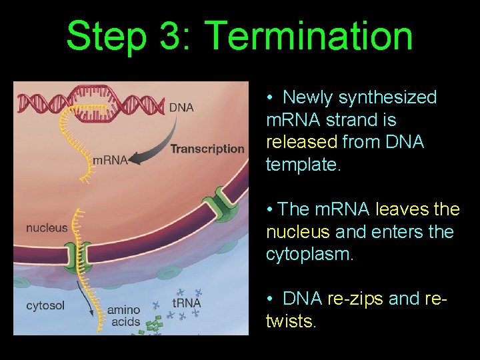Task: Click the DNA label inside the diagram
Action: (181, 107)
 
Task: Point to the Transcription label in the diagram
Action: (207, 149)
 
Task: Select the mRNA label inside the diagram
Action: (110, 160)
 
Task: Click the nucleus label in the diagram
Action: (47, 228)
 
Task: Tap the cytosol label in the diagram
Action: (46, 306)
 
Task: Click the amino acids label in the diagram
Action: (124, 315)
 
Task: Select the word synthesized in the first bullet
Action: (387, 97)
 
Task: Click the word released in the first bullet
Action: (297, 143)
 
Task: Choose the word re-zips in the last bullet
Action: (355, 299)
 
